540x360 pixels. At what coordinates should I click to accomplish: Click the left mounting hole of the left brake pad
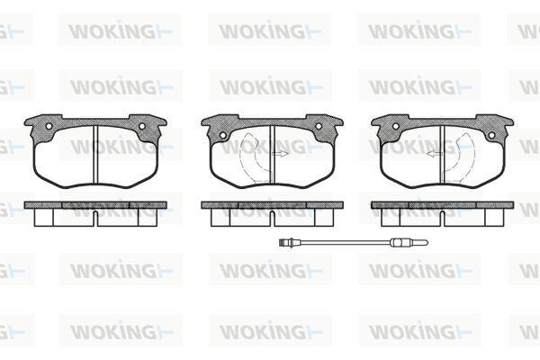pos(49,126)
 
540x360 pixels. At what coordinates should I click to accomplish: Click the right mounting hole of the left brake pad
pos(142,126)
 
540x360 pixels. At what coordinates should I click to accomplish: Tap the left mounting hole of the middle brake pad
pos(222,135)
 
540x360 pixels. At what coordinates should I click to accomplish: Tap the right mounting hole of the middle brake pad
pos(319,126)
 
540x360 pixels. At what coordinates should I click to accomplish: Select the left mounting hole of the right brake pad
pos(396,126)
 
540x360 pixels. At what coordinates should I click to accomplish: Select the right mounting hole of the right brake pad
pos(491,135)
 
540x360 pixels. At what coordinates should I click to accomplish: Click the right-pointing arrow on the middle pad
pos(280,154)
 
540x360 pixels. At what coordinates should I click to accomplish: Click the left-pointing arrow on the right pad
pos(435,154)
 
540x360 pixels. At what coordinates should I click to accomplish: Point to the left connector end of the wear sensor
pos(284,243)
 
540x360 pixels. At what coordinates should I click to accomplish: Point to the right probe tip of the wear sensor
pos(426,243)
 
